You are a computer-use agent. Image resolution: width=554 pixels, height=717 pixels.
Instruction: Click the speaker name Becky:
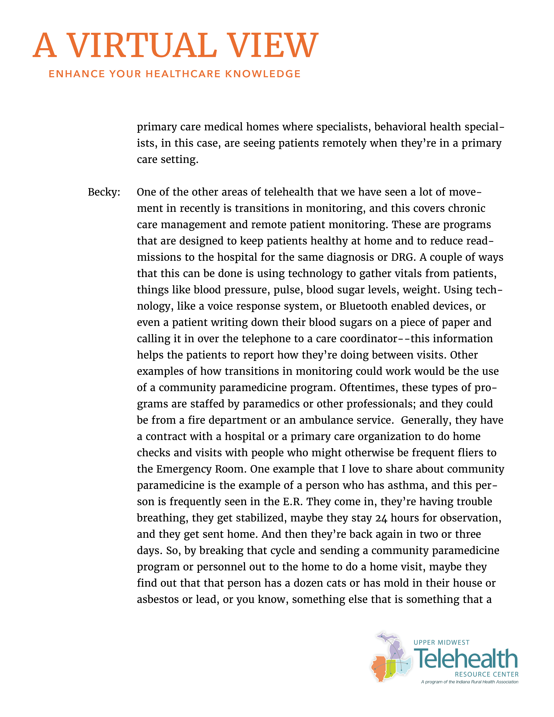[x=104, y=192]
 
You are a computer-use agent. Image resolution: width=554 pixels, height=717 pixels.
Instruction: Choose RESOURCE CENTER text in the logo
[x=486, y=674]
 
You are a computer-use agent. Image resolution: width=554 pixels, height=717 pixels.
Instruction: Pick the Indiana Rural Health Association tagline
[x=470, y=682]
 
